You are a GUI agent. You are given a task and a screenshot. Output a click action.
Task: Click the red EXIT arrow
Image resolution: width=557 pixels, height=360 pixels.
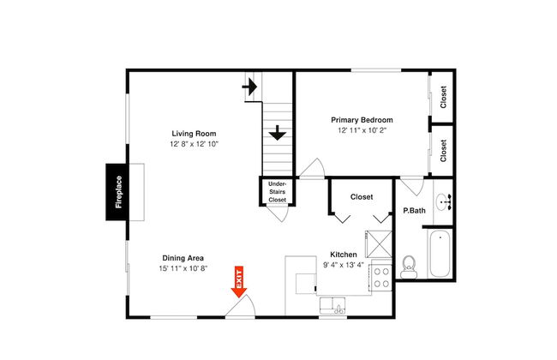click(x=239, y=281)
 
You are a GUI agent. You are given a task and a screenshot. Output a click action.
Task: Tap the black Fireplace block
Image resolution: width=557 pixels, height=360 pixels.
click(x=117, y=192)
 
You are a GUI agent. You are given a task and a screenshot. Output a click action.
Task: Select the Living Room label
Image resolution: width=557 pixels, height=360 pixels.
click(x=194, y=134)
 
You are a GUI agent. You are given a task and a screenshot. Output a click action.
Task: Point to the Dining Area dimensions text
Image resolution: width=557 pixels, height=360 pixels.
click(x=183, y=268)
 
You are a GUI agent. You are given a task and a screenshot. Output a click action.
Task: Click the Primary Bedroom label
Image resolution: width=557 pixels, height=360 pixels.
click(x=362, y=120)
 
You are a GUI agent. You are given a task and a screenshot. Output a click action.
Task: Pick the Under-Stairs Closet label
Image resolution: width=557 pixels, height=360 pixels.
click(x=277, y=192)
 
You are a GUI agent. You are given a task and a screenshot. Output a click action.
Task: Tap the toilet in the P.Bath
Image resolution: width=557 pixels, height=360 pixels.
click(x=409, y=267)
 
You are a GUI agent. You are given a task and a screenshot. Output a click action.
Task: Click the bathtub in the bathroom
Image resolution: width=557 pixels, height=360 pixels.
click(x=440, y=254)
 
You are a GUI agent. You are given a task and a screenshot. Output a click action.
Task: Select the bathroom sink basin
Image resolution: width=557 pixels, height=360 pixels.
click(x=443, y=201)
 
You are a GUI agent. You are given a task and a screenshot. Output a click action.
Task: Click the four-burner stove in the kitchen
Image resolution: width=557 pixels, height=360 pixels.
click(x=381, y=278)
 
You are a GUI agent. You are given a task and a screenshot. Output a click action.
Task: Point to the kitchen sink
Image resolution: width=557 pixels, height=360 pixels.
click(x=332, y=306)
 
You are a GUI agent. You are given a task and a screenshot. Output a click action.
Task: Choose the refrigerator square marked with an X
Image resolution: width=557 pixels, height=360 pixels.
click(x=379, y=244)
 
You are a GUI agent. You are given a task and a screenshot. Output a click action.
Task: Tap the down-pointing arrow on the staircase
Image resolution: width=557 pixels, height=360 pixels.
click(x=278, y=133)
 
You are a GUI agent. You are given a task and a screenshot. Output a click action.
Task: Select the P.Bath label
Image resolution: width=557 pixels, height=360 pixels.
click(x=414, y=210)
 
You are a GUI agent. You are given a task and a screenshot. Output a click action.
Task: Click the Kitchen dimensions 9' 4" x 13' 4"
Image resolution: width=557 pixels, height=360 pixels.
click(x=344, y=265)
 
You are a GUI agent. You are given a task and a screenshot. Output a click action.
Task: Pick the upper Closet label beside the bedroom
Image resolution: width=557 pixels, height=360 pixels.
click(x=443, y=97)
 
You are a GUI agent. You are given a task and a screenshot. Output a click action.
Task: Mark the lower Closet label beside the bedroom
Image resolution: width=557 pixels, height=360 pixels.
click(x=443, y=151)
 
